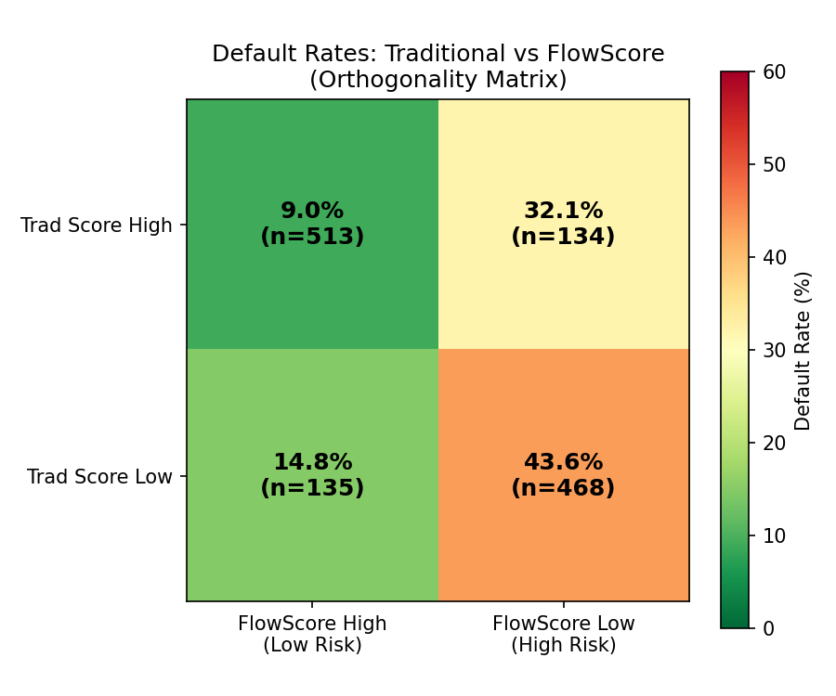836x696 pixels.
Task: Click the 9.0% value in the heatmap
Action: [312, 212]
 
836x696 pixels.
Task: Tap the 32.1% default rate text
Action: [563, 212]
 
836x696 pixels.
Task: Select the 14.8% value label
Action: [312, 462]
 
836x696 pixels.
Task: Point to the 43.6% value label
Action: [563, 462]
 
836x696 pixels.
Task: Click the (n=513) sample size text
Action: [312, 237]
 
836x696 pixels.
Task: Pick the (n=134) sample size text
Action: [563, 237]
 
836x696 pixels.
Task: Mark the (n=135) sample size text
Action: [312, 488]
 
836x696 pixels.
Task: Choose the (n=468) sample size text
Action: [563, 488]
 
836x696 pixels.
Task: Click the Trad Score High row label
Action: [97, 226]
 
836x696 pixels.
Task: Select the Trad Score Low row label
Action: [99, 477]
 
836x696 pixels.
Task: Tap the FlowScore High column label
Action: [312, 624]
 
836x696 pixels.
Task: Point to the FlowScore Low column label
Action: [563, 624]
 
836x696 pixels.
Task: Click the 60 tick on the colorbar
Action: [774, 72]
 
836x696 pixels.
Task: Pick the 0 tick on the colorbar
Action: [768, 629]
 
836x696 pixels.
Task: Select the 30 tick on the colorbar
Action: [774, 351]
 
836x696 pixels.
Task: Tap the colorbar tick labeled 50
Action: [774, 165]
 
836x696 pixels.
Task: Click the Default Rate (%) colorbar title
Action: [803, 351]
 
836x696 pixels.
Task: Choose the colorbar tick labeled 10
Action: [774, 536]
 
